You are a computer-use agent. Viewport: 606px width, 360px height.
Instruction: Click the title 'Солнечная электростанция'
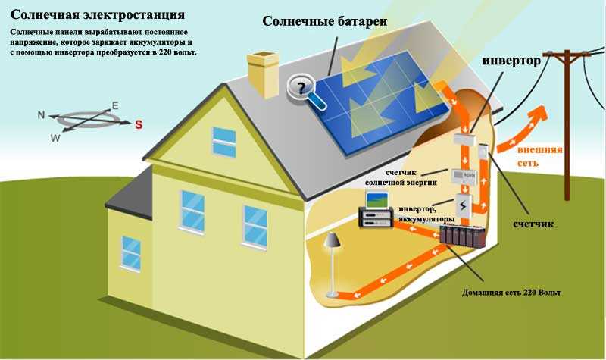point(98,14)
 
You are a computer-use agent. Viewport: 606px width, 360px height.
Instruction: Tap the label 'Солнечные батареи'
point(325,21)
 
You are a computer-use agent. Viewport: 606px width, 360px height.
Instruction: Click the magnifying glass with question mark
point(305,91)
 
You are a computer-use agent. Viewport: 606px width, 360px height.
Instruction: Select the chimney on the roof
point(263,74)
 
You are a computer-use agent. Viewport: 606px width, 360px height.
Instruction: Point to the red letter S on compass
point(139,124)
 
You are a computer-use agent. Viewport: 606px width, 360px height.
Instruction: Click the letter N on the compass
point(42,115)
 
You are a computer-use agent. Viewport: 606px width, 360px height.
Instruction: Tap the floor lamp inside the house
point(332,264)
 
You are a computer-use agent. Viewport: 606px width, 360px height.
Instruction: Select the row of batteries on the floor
point(463,236)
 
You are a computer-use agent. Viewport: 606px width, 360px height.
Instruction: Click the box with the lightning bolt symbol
point(463,206)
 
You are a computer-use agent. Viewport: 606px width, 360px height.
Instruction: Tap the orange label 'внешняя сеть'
point(539,156)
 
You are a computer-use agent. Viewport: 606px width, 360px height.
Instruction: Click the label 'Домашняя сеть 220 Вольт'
point(511,293)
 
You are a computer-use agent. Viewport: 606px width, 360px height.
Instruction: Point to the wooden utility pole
point(567,124)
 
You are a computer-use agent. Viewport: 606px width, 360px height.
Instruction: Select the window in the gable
point(224,142)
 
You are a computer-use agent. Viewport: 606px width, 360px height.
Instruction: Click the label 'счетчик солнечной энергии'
point(401,177)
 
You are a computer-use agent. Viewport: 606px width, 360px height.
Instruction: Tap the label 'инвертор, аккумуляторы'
point(426,214)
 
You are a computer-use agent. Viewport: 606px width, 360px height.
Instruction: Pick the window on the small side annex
point(130,253)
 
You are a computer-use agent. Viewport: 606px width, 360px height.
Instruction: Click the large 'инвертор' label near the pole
point(511,61)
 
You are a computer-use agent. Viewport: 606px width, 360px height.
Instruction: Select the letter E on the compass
point(115,105)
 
